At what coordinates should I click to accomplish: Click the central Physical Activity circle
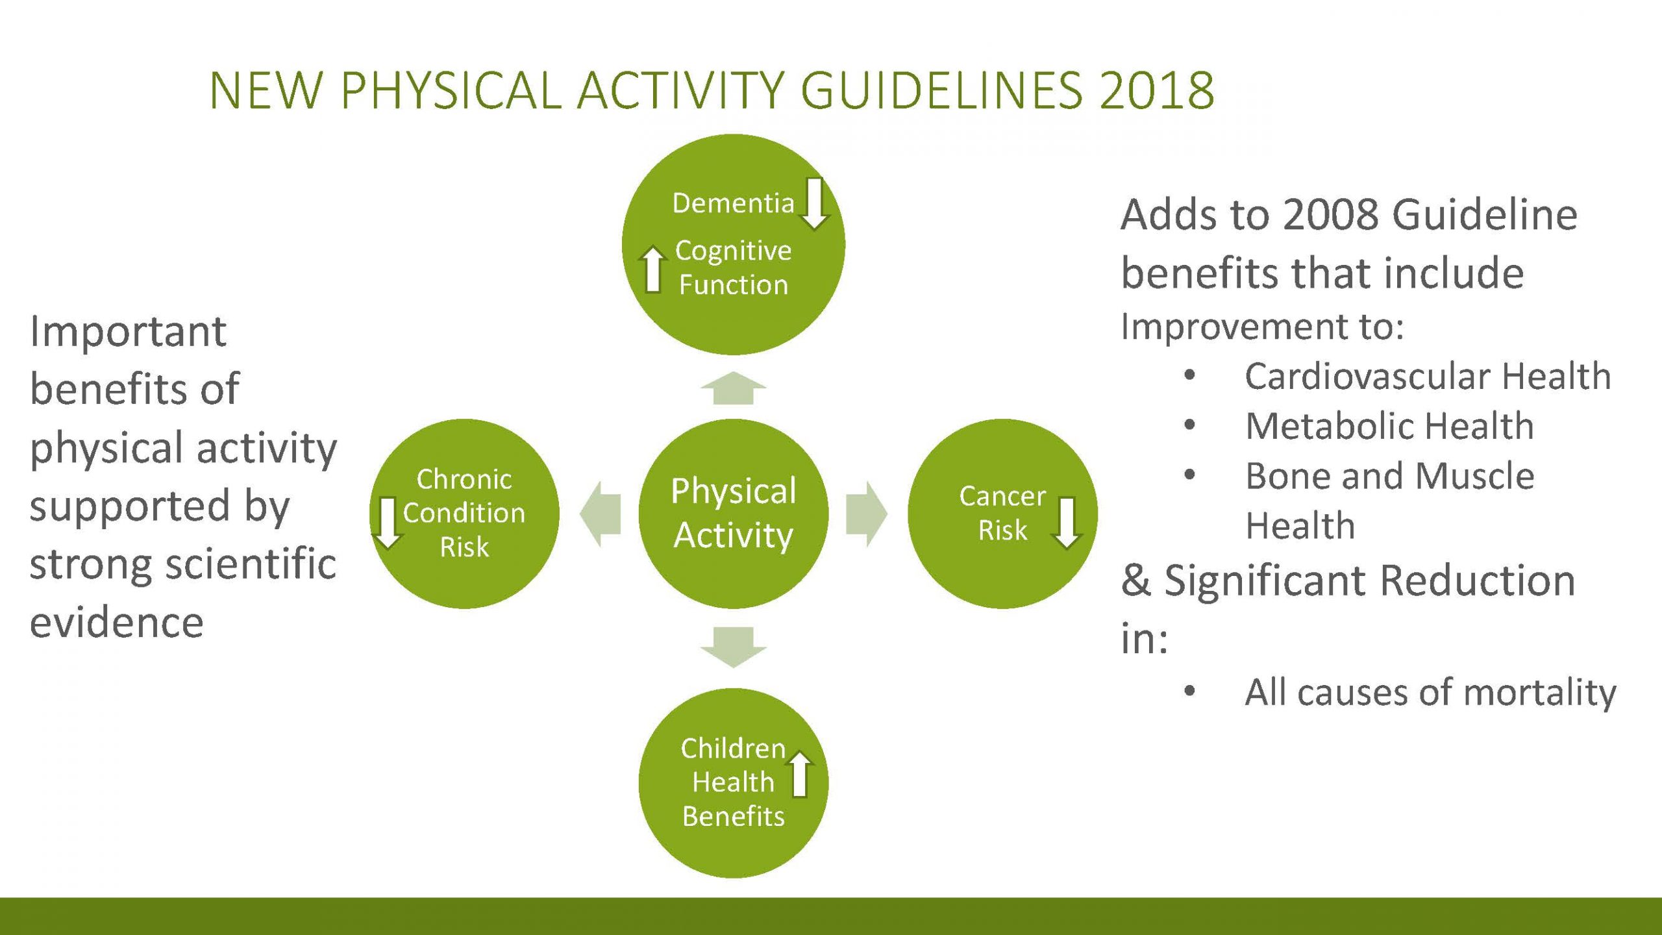[734, 514]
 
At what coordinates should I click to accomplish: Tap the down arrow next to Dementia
[814, 203]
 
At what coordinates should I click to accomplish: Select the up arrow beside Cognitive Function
[653, 269]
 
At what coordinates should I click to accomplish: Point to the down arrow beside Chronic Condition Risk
[388, 523]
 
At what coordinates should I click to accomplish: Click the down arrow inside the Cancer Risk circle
[1066, 523]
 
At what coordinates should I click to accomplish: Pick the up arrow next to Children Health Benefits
[800, 773]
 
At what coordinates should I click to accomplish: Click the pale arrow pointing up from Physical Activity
[734, 388]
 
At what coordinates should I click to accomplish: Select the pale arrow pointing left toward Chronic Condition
[600, 514]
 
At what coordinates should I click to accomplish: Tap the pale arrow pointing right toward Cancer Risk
[867, 514]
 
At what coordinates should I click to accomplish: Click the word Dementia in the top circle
[733, 203]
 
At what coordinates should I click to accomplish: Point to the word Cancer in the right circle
[1002, 496]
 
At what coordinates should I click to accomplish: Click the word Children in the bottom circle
[733, 748]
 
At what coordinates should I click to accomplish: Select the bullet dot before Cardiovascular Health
[1189, 375]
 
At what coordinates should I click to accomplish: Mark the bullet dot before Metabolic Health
[1189, 425]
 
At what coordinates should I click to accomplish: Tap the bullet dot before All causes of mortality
[1189, 691]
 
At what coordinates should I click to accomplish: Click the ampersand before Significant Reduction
[1135, 580]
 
